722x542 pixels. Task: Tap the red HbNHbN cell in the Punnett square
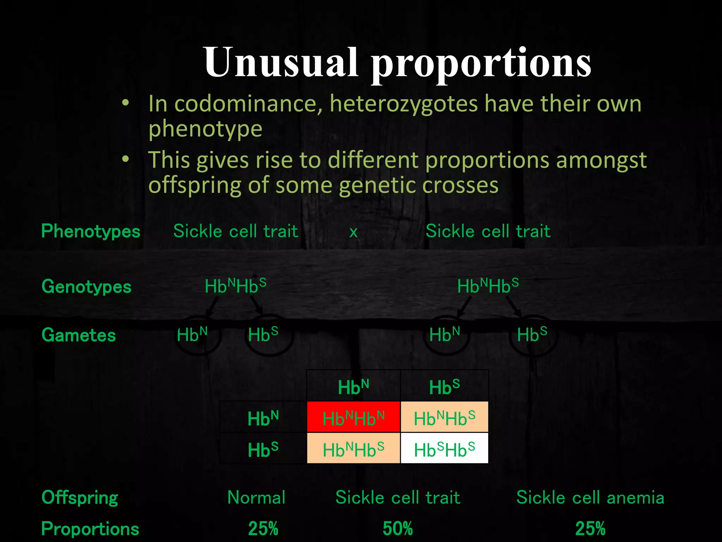pos(353,418)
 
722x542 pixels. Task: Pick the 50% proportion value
pos(398,529)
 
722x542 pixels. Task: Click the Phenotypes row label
pos(91,231)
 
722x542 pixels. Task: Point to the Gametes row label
pos(78,335)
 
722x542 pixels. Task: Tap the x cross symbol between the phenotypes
pos(353,232)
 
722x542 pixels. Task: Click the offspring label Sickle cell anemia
pos(590,498)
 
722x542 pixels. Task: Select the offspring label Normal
pos(256,498)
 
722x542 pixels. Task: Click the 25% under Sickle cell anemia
pos(590,529)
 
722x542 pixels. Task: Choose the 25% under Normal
pos(263,529)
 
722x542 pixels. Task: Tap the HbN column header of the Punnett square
pos(353,387)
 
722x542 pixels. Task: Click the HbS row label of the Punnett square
pos(263,450)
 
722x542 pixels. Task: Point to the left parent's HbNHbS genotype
pos(235,286)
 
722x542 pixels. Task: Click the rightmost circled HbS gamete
pos(532,335)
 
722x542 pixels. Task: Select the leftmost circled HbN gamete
pos(192,335)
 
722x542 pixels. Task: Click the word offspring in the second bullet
pos(194,185)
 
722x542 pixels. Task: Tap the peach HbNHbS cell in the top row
pos(444,418)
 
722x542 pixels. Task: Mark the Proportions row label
pos(90,529)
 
